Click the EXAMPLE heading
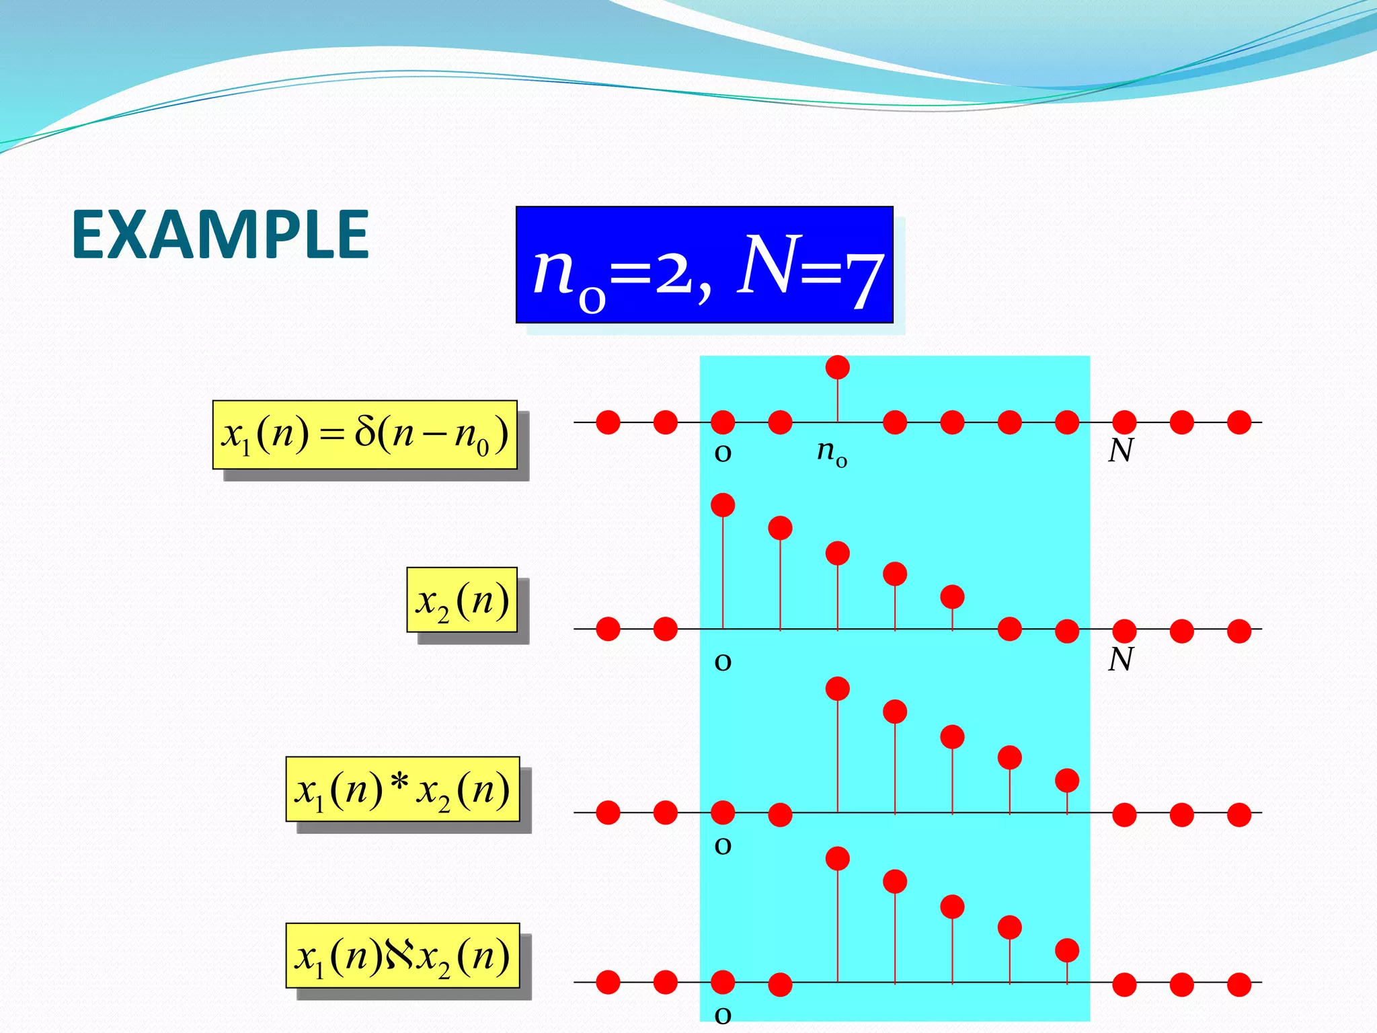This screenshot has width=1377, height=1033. tap(220, 235)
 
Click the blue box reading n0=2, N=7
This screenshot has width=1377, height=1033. tap(704, 265)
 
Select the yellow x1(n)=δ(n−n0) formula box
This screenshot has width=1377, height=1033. tap(364, 434)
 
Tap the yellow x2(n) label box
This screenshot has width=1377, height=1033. tap(462, 600)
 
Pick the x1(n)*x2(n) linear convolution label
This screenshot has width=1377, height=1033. tap(402, 789)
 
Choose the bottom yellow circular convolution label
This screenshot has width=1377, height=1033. tap(402, 955)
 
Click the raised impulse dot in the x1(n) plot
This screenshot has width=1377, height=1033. tap(837, 367)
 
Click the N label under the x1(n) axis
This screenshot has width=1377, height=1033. tap(1120, 451)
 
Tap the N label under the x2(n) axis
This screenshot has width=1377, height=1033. tap(1120, 660)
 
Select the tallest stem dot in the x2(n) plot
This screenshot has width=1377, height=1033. tap(723, 504)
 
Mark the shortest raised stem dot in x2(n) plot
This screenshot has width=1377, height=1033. tap(952, 597)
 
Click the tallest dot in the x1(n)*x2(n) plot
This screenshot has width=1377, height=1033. tap(837, 689)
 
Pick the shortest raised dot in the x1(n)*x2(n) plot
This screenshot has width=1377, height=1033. tap(1067, 780)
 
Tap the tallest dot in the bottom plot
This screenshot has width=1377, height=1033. tap(837, 859)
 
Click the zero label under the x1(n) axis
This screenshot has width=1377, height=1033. tap(723, 453)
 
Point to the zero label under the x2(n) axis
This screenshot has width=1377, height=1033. tap(723, 661)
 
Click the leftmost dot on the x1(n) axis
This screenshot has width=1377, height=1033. tap(608, 422)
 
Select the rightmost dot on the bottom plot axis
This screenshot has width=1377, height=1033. tap(1238, 985)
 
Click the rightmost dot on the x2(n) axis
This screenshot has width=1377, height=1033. tap(1238, 631)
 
